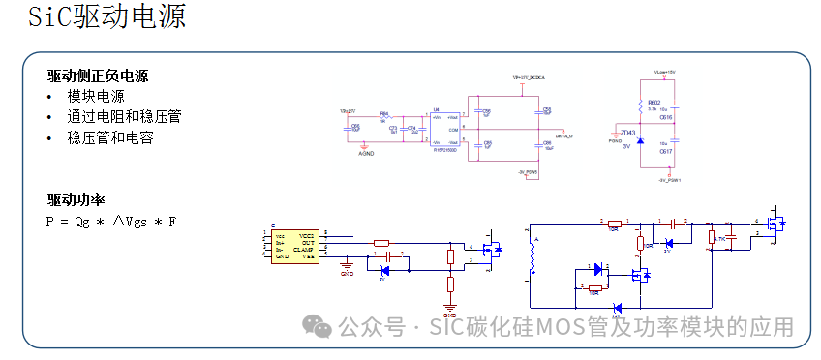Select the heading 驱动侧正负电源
tap(98, 76)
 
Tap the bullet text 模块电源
tap(96, 97)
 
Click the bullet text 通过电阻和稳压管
tap(124, 117)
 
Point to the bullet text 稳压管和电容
tap(109, 137)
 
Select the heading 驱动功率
tap(76, 200)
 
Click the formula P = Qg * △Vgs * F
tap(111, 222)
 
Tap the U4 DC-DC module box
tap(443, 130)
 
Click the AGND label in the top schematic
tap(367, 153)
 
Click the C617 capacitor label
tap(666, 152)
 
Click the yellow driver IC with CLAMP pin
tap(293, 247)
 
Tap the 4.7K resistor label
tap(720, 238)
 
